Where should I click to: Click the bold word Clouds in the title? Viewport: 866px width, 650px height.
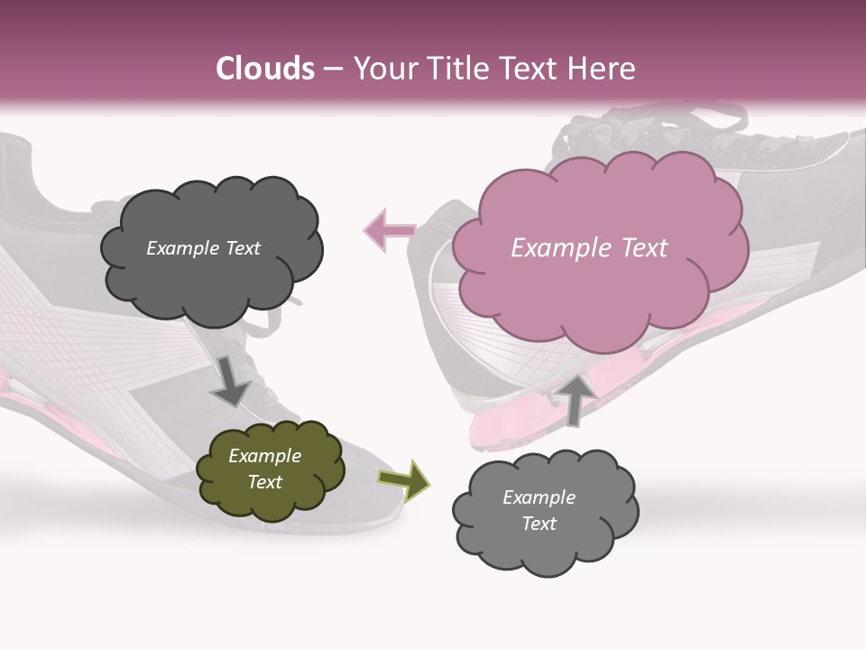pos(265,69)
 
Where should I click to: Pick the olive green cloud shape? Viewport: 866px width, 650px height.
pos(271,502)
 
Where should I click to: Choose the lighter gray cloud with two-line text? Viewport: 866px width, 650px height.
pos(546,542)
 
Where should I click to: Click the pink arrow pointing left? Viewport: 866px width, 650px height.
pos(389,230)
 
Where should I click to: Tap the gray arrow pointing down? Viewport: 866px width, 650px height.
pos(230,380)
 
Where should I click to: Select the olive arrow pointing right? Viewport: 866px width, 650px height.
pos(404,479)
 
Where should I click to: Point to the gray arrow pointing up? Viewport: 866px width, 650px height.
pos(575,398)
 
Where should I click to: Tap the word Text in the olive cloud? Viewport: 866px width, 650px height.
pos(265,482)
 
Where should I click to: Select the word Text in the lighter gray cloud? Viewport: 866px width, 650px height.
pos(539,524)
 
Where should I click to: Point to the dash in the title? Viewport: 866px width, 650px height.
pos(333,70)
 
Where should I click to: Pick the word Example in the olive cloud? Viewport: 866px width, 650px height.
pos(264,456)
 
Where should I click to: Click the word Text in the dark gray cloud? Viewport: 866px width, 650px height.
pos(243,248)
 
